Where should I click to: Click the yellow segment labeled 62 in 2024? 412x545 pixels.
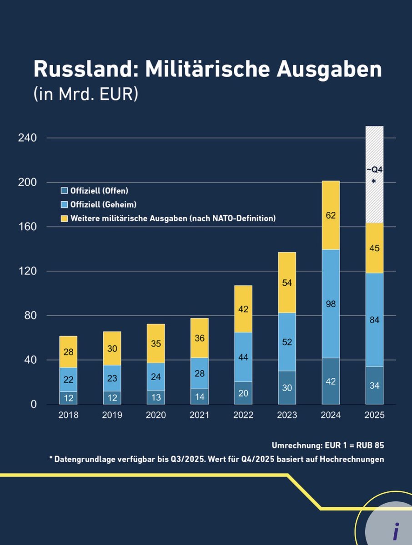pos(331,215)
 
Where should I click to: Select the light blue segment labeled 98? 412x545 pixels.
pos(331,304)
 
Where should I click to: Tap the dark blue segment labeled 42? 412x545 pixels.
pos(331,381)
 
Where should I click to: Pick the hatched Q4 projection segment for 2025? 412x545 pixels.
pos(375,175)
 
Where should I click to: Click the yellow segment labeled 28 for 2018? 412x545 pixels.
pos(68,352)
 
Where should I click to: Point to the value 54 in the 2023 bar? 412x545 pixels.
pos(287,282)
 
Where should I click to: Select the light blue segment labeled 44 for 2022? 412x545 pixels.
pos(243,357)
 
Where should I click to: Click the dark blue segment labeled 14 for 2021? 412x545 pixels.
pos(200,396)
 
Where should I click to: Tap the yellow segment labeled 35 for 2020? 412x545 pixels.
pos(156,343)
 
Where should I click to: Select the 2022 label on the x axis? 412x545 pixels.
pos(243,415)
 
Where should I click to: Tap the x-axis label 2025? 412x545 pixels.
pos(375,415)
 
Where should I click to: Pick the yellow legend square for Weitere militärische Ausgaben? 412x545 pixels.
pos(64,218)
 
